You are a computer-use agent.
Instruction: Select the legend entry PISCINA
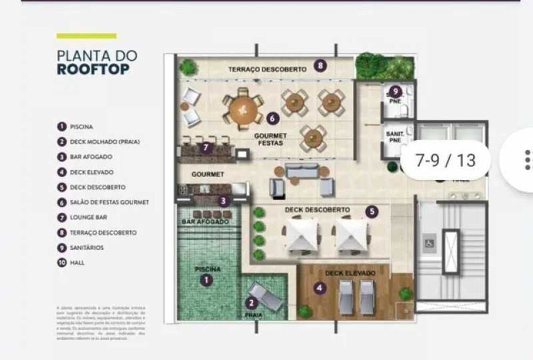click(x=82, y=127)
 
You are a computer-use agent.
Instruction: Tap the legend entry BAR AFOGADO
click(x=91, y=157)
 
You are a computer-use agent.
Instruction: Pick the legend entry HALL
click(x=77, y=262)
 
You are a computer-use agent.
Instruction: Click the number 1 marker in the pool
click(x=206, y=279)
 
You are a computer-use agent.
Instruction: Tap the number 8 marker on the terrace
click(x=320, y=66)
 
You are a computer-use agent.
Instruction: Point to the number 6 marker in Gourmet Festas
click(x=271, y=117)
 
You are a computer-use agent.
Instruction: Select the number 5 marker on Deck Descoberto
click(x=372, y=212)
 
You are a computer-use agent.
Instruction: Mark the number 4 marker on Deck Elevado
click(x=319, y=289)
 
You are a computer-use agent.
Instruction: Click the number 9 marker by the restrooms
click(x=394, y=91)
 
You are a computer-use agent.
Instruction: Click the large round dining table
click(x=243, y=109)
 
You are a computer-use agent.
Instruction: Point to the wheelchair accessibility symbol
click(x=428, y=243)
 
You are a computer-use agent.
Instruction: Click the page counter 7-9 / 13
click(x=445, y=160)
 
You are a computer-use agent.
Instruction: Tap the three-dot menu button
click(x=527, y=160)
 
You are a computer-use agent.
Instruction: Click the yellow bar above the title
click(x=86, y=36)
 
